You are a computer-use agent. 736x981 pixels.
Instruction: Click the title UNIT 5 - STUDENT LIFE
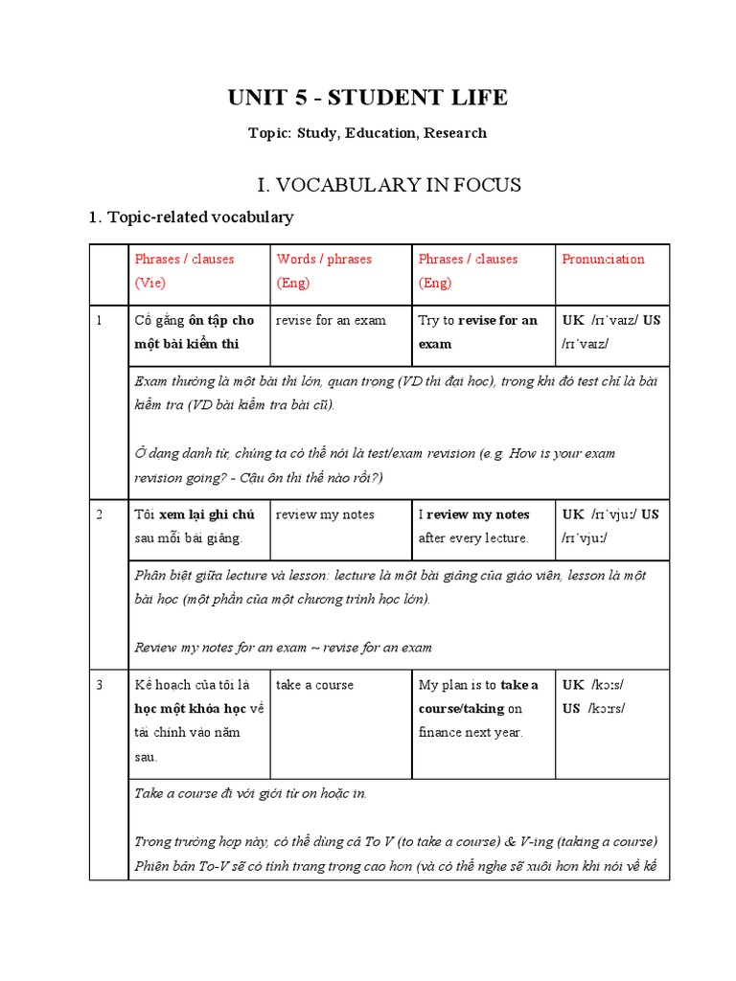pos(368,97)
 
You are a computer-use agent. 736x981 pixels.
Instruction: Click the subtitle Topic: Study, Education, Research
pos(368,133)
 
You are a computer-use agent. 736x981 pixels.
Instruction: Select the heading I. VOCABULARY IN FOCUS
pos(368,184)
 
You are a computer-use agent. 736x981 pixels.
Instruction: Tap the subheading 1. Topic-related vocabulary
pos(191,217)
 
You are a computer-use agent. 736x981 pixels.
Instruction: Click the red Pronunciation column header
pos(603,260)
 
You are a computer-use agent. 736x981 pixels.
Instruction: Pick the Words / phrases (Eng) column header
pos(324,271)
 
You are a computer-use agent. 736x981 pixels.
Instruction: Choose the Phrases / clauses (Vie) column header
pos(184,271)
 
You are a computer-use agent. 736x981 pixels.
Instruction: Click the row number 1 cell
pos(99,320)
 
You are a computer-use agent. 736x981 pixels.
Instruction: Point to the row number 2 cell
pos(99,514)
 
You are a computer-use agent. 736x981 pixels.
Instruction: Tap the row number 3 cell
pos(99,685)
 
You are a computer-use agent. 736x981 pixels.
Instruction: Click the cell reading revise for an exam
pos(331,320)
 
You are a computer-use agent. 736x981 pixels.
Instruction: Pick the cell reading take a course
pos(314,685)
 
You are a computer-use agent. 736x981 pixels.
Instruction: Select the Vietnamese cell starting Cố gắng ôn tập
pos(195,331)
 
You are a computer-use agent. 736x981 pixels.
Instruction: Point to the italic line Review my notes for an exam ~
pos(283,648)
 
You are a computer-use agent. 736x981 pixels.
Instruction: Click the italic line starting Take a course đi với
pos(250,793)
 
